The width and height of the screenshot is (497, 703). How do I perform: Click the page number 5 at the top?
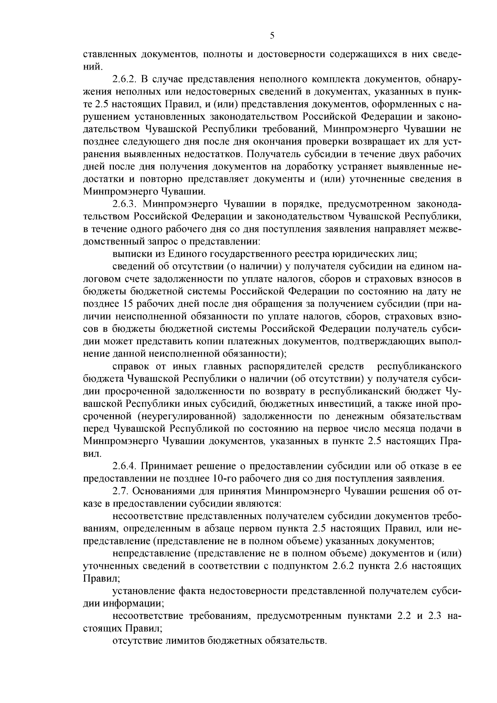point(272,36)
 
